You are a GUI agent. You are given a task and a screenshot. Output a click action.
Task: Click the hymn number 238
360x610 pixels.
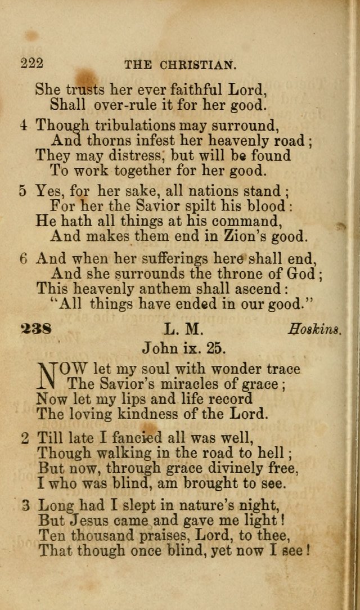pos(36,328)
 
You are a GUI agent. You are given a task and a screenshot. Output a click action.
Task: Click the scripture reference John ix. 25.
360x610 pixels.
pos(184,348)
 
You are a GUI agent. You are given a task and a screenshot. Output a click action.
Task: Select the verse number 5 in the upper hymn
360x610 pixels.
pos(23,190)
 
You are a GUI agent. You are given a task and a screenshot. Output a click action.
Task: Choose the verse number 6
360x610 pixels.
pos(23,259)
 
